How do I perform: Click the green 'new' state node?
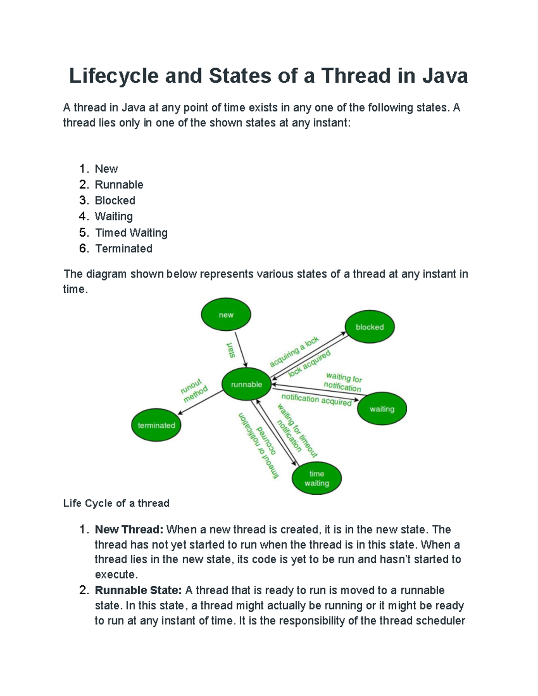[226, 315]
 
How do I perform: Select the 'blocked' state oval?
[369, 327]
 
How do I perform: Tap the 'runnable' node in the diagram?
[247, 384]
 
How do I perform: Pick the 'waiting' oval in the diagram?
[382, 409]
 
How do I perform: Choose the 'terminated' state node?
[156, 425]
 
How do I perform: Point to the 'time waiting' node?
[317, 478]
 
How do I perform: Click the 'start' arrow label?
[231, 350]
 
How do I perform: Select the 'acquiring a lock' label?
[294, 351]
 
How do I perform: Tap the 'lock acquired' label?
[309, 363]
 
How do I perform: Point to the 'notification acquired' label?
[316, 399]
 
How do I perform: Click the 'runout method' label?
[194, 389]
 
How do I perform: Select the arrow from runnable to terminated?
[201, 402]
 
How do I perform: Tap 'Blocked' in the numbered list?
[115, 200]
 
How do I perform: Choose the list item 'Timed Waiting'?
[131, 233]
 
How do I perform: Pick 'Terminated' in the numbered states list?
[124, 248]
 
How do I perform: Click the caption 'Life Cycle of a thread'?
[116, 503]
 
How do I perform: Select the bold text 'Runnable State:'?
[138, 590]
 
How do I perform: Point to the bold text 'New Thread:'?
[129, 529]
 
